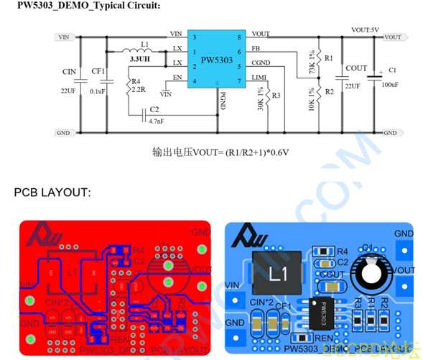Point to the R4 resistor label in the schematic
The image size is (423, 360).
[136, 82]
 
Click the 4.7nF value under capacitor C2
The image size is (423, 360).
[156, 121]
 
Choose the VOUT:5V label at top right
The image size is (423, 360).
[364, 29]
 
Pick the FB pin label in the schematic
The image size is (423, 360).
[256, 50]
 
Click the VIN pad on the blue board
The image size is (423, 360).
[233, 299]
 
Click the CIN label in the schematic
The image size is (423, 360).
[69, 72]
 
